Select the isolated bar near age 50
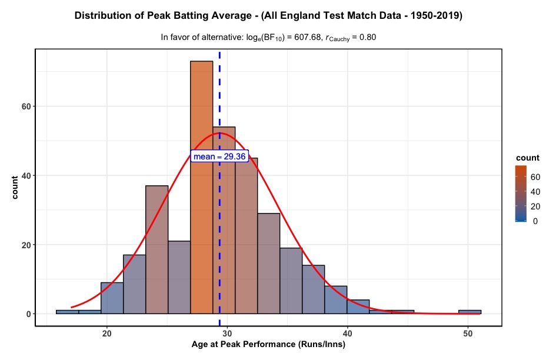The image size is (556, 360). (x=470, y=312)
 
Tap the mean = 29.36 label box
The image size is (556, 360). (x=220, y=156)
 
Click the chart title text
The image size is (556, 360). (x=269, y=16)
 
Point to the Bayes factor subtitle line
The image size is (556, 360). (x=268, y=38)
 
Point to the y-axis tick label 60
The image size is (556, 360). (x=26, y=106)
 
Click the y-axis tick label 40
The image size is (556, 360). (x=26, y=175)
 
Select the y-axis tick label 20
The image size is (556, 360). (x=26, y=245)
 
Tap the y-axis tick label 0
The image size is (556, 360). (x=28, y=314)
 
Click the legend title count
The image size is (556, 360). (x=527, y=158)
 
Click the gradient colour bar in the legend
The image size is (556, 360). (x=521, y=194)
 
